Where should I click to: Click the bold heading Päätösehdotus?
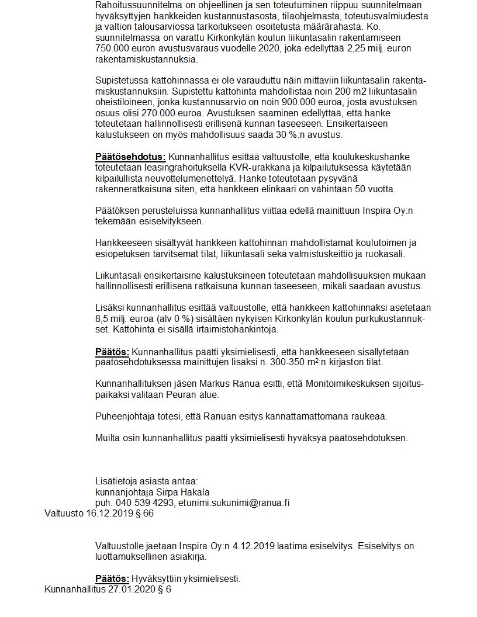point(130,157)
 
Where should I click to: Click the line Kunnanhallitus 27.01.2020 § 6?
point(108,590)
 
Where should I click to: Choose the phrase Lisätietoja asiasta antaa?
point(147,481)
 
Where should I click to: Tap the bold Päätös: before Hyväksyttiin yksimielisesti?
point(112,579)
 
